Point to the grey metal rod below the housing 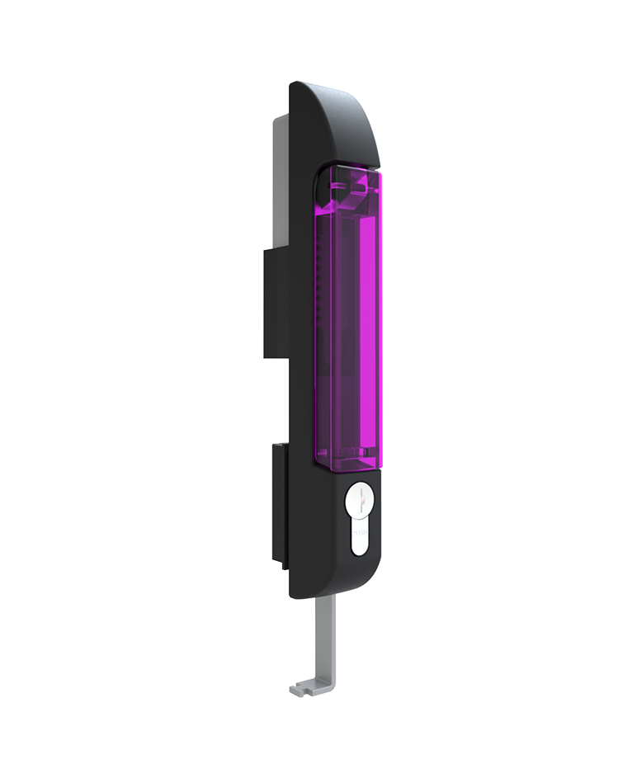[x=328, y=635]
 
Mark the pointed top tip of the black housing [x=295, y=84]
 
